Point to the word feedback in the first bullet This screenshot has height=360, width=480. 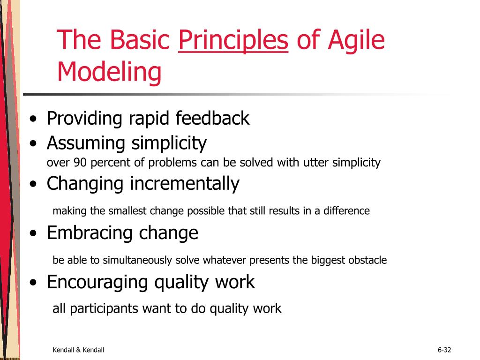pos(212,118)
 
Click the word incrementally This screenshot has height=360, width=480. pos(185,183)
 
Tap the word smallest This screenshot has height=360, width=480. pos(127,211)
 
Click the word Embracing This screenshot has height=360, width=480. pos(89,233)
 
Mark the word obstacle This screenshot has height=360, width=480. pos(367,260)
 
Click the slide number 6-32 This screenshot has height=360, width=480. pos(444,350)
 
